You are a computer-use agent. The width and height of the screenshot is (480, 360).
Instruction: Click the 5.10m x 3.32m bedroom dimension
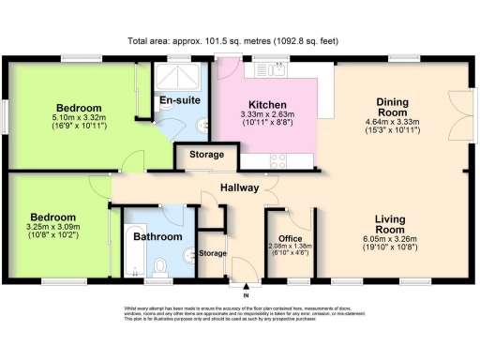79,121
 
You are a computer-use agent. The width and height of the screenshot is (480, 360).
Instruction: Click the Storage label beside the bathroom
213,254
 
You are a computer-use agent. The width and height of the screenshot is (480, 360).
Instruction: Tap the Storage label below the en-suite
207,155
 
